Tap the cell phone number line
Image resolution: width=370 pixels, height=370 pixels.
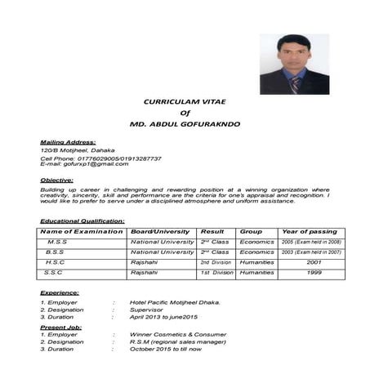pos(100,158)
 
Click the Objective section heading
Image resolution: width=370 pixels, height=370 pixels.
pos(56,180)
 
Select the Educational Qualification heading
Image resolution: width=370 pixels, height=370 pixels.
pos(82,221)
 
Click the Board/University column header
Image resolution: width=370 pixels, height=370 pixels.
pos(160,231)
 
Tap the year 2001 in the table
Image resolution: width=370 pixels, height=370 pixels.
pos(314,262)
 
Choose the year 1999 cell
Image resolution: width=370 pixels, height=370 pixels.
pos(314,272)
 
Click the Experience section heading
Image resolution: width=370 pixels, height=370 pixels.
pos(60,292)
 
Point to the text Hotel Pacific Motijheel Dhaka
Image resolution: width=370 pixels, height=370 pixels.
pos(175,302)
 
